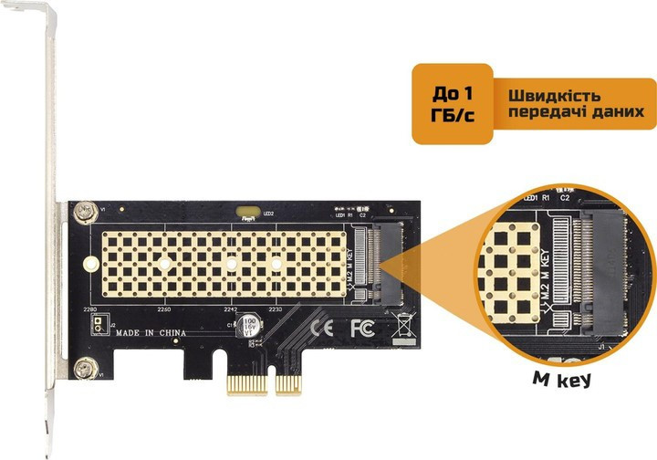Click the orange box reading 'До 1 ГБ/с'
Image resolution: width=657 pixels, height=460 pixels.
tap(452, 103)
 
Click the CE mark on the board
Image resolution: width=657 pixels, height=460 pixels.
tap(321, 327)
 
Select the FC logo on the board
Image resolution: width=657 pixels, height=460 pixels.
tap(360, 327)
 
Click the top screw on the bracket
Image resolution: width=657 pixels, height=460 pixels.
tap(86, 212)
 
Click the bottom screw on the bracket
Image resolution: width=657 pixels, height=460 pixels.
tap(86, 369)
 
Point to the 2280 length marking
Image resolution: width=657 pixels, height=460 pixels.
tap(89, 309)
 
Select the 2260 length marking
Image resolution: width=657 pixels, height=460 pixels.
tap(164, 309)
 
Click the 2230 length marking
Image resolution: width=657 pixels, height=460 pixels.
tap(275, 309)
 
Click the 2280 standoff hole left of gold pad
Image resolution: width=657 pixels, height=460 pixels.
tap(90, 265)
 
